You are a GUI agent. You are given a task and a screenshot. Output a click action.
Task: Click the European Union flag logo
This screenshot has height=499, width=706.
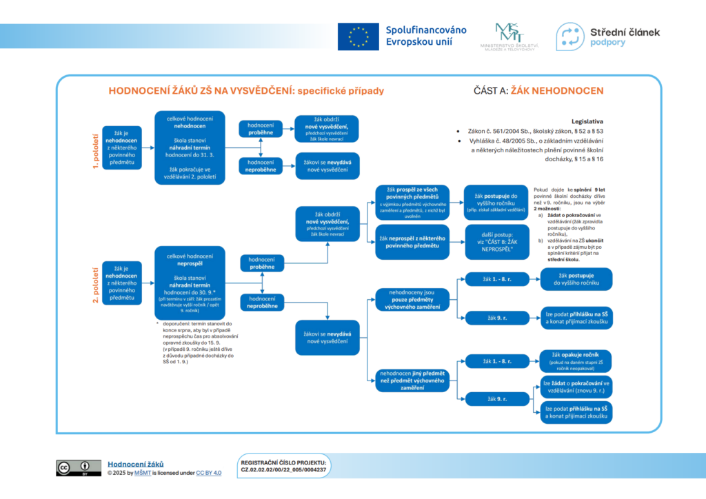point(358,37)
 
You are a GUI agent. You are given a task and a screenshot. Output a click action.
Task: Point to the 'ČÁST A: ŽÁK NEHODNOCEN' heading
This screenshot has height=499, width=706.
point(538,90)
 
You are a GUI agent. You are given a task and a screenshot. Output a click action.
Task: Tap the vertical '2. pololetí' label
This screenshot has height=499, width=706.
point(96,281)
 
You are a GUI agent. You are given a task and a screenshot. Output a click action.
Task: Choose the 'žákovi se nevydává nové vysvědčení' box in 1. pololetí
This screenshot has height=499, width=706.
point(327,165)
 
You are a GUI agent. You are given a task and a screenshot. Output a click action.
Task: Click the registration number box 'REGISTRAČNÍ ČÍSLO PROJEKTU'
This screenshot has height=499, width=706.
point(283,465)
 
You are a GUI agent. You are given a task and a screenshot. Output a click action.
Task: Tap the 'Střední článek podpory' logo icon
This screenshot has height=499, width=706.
point(569,37)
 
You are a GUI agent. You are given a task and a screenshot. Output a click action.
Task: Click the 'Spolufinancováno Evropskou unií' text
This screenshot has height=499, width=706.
point(425,36)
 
